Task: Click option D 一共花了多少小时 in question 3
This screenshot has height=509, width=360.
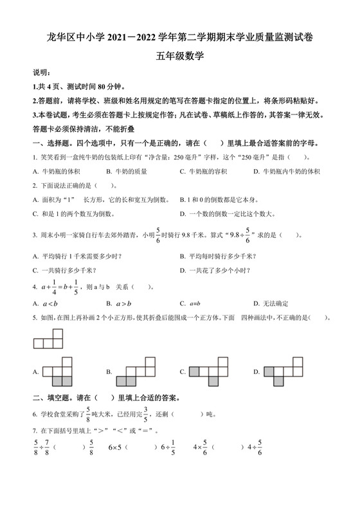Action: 215,269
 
